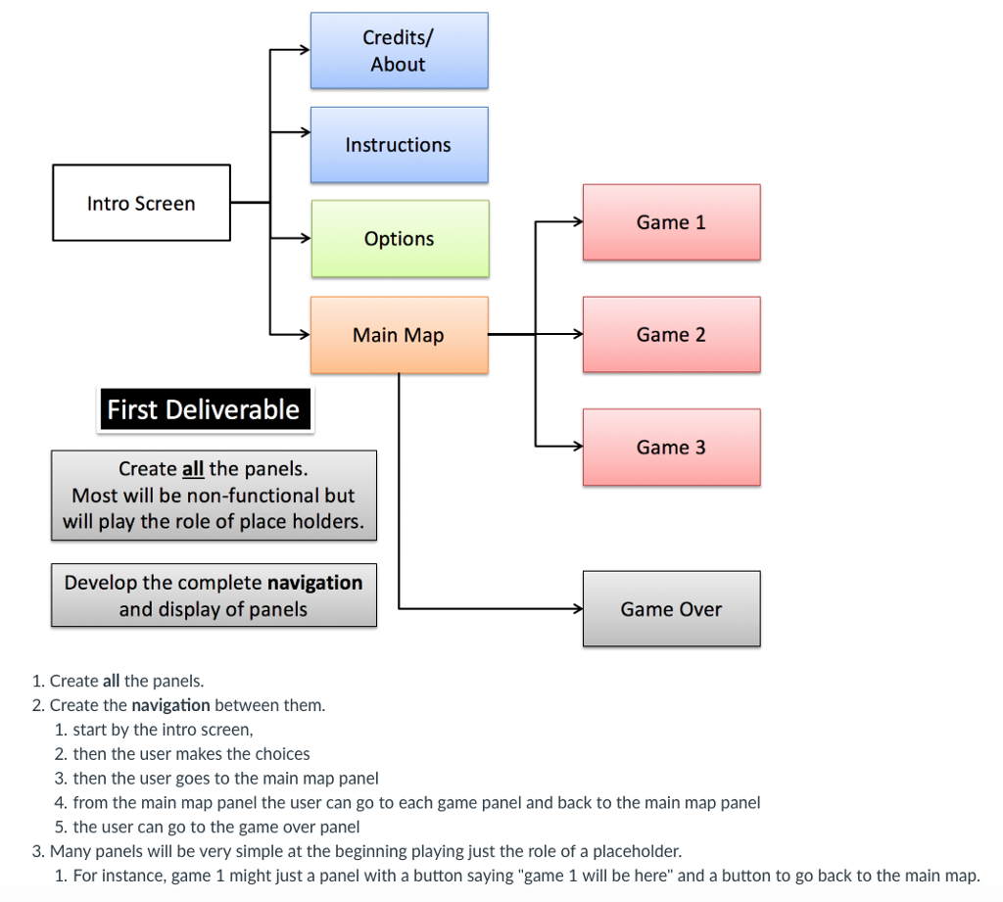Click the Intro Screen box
[x=141, y=203]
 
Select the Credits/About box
[x=399, y=51]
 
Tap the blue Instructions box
[x=399, y=145]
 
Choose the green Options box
[x=399, y=239]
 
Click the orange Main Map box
[x=399, y=335]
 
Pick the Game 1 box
[x=671, y=222]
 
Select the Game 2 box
[x=671, y=335]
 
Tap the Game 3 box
[x=671, y=448]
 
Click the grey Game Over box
[x=671, y=609]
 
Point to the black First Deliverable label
[x=204, y=409]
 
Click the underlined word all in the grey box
[x=193, y=469]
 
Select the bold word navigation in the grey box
[x=314, y=583]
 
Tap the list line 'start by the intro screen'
[x=163, y=730]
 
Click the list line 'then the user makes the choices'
[x=191, y=754]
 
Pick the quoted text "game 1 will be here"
[x=597, y=876]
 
